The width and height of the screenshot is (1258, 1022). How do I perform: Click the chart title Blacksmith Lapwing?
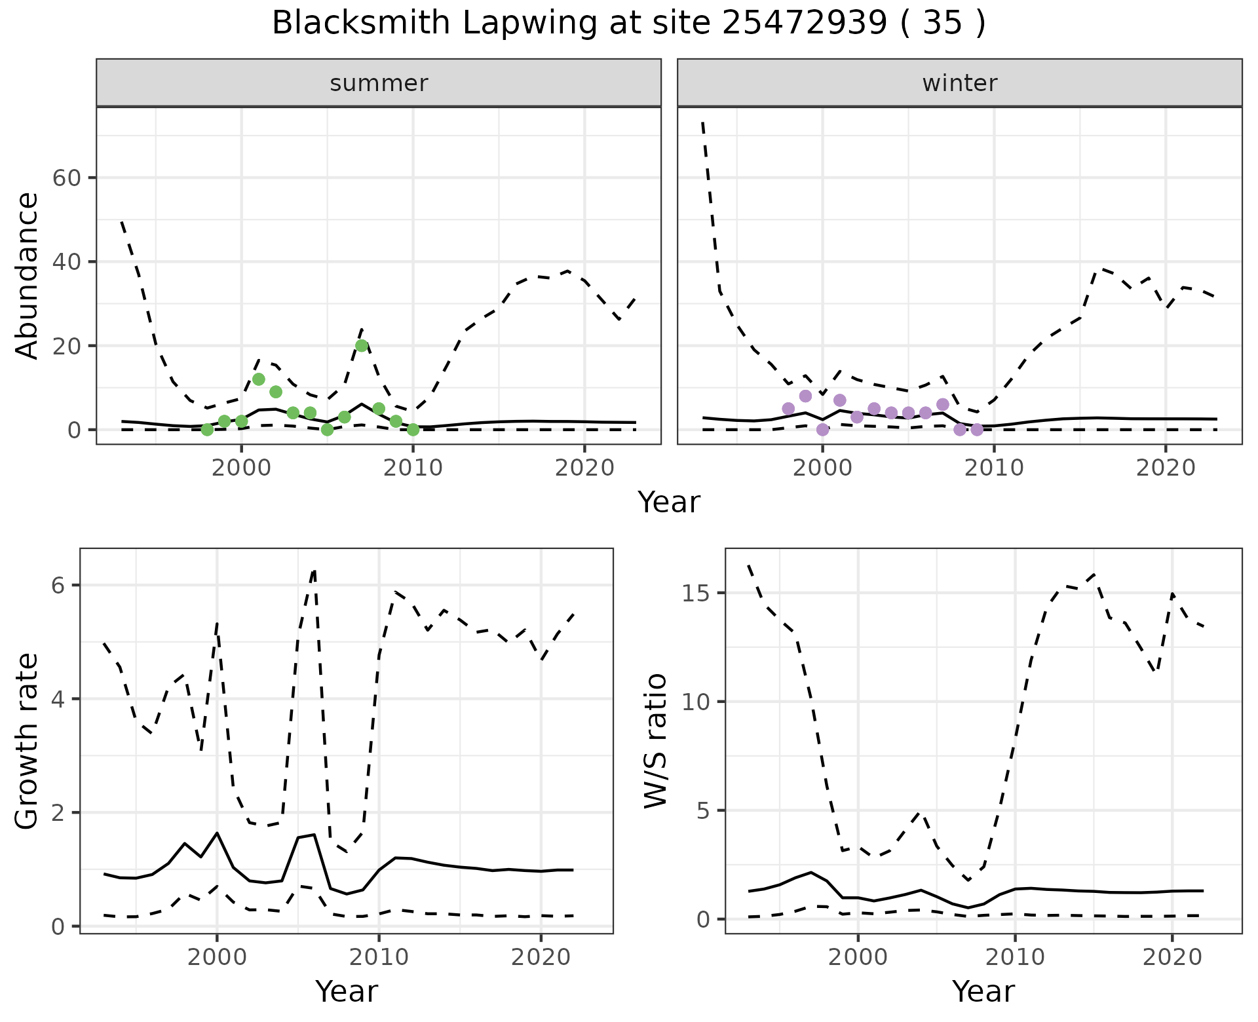(628, 24)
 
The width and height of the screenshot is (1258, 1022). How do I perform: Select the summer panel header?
(379, 83)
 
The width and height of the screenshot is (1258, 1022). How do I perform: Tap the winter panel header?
(959, 83)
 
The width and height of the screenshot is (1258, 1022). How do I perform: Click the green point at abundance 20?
(362, 346)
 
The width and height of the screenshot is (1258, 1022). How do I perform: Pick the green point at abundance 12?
(259, 379)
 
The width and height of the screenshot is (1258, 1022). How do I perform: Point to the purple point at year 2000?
(823, 430)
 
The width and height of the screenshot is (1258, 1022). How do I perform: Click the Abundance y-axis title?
(27, 276)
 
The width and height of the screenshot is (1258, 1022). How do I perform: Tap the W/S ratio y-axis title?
(655, 741)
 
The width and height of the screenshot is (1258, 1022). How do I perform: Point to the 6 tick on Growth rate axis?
(58, 586)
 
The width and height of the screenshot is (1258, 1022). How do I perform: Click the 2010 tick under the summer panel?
(413, 468)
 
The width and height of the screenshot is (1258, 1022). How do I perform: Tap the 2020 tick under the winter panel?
(1166, 468)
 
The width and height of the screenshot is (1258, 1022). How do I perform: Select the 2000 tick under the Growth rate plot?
(217, 957)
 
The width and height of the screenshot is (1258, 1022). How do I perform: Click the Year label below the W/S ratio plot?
(983, 991)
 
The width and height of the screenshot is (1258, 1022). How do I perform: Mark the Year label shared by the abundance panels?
(669, 502)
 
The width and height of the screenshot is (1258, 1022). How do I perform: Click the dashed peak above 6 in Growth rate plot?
(314, 571)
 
